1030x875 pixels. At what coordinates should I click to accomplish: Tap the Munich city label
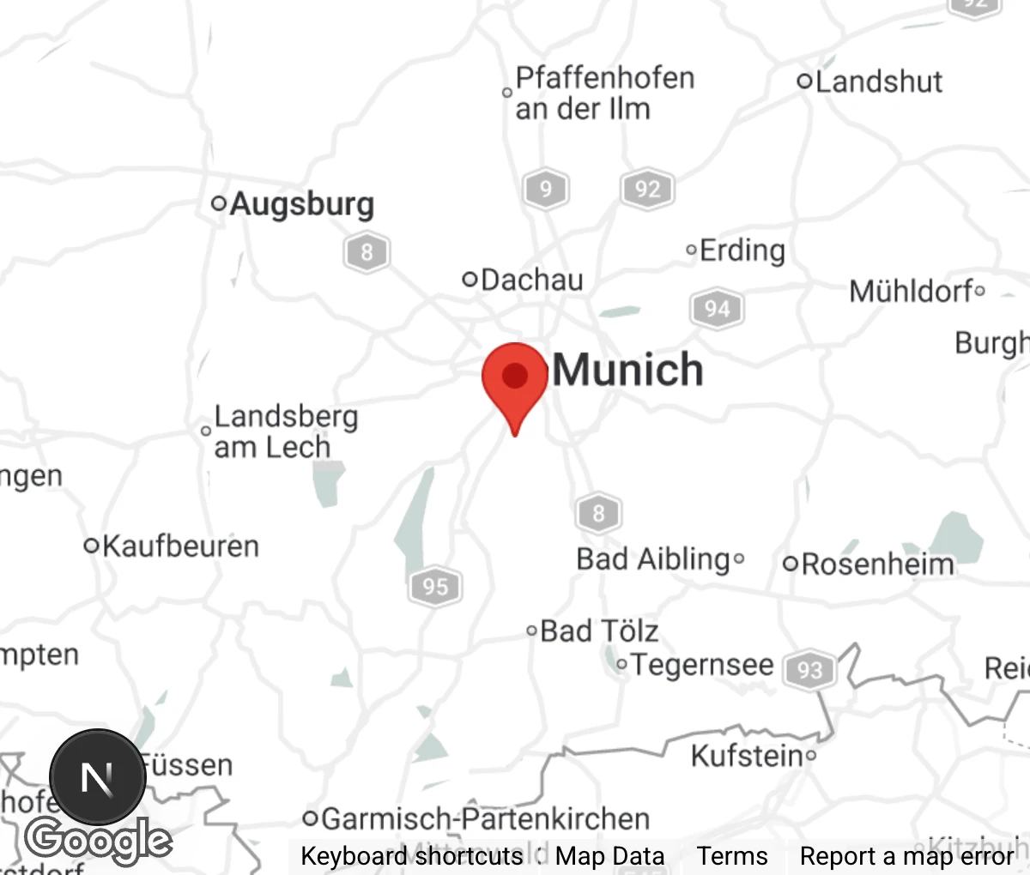(627, 370)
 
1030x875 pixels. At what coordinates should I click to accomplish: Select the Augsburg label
(301, 204)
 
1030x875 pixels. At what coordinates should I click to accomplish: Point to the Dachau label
(531, 280)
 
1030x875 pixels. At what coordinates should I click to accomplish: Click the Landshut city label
(878, 81)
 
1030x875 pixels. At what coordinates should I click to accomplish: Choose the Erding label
(742, 250)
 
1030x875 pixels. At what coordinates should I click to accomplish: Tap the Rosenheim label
(877, 564)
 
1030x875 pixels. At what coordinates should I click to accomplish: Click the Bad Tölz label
(599, 631)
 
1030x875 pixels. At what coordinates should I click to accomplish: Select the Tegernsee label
(702, 665)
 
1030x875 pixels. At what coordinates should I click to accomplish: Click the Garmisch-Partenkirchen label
(485, 818)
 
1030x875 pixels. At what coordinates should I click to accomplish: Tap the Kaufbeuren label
(180, 546)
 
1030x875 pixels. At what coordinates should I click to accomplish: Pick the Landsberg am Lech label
(285, 431)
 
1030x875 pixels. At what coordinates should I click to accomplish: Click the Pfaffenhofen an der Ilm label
(604, 93)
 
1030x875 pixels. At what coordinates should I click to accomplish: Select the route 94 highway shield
(717, 308)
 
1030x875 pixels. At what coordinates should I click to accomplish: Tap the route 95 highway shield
(435, 586)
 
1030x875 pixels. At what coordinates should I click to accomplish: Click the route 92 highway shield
(647, 189)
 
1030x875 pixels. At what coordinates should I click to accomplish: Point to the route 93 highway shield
(809, 669)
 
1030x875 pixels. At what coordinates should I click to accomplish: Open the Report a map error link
(906, 856)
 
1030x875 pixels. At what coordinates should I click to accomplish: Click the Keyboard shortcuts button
(412, 856)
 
